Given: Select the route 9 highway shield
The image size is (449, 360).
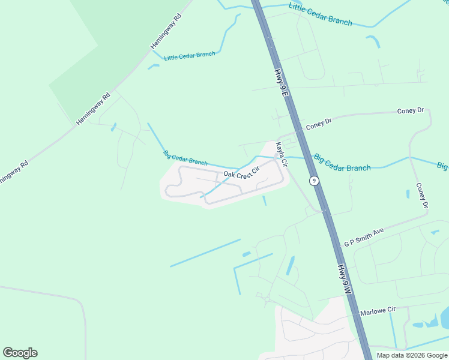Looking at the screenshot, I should click(313, 180).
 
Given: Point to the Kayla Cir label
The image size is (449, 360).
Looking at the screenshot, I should click(280, 155).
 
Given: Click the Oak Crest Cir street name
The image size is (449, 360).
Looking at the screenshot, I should click(241, 173).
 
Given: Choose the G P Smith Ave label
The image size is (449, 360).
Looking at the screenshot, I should click(364, 238).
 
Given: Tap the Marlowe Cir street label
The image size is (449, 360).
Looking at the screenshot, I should click(378, 311).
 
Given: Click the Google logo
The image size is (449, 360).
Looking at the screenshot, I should click(20, 353).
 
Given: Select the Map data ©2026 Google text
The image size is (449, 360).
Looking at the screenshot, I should click(412, 355).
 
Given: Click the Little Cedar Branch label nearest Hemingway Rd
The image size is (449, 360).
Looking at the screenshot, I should click(189, 55).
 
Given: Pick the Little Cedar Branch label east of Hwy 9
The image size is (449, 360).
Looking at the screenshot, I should click(320, 14).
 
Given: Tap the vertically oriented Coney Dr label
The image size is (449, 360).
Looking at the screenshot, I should click(421, 196).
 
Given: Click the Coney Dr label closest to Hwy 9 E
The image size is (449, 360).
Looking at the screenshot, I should click(319, 124).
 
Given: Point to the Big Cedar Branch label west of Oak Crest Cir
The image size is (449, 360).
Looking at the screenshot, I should click(185, 158).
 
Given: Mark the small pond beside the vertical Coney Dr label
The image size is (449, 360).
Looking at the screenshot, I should click(408, 194).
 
